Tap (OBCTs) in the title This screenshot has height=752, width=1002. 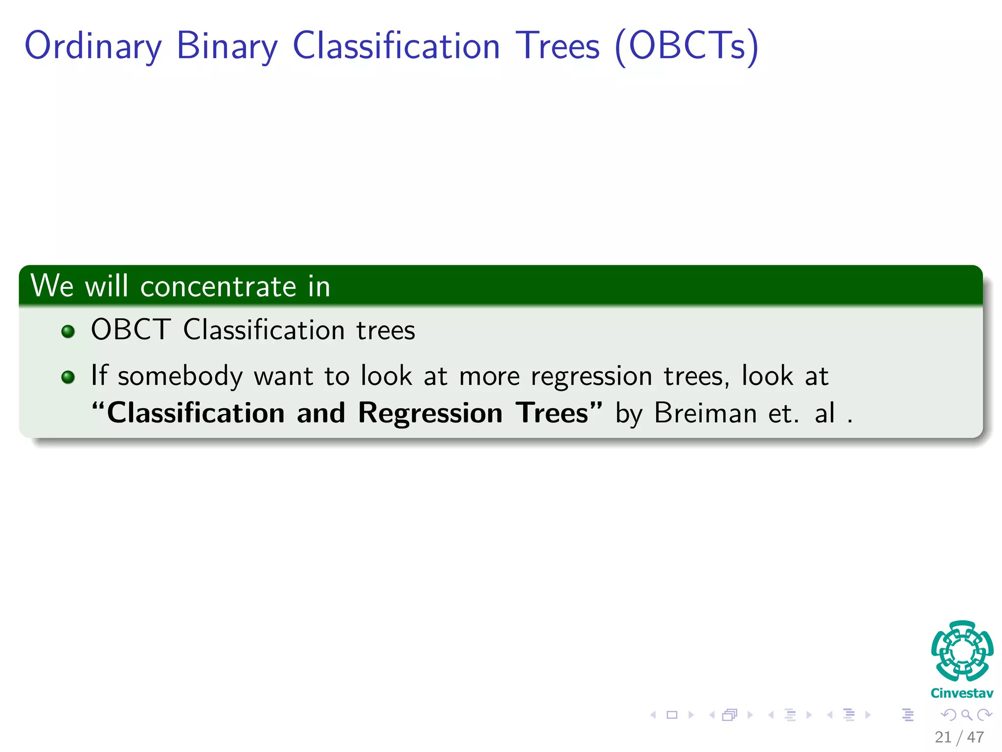tap(686, 47)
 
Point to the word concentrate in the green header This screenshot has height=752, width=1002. tap(218, 286)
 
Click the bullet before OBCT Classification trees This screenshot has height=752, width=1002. tap(68, 331)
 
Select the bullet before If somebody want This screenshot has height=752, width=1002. tap(68, 377)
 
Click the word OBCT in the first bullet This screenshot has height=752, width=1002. tap(131, 329)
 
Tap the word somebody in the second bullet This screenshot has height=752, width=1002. tap(180, 376)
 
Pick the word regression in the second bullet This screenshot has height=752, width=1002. tap(592, 376)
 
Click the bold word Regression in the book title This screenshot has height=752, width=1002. tap(430, 413)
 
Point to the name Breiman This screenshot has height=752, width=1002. tap(706, 413)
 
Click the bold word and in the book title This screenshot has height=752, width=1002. tap(321, 413)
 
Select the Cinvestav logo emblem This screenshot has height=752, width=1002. tap(962, 651)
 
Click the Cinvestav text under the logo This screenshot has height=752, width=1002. tap(962, 693)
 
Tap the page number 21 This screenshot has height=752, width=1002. tap(943, 737)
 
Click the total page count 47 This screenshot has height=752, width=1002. tap(976, 737)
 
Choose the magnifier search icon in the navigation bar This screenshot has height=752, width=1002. tap(966, 715)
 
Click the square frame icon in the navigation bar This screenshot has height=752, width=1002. tap(672, 715)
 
